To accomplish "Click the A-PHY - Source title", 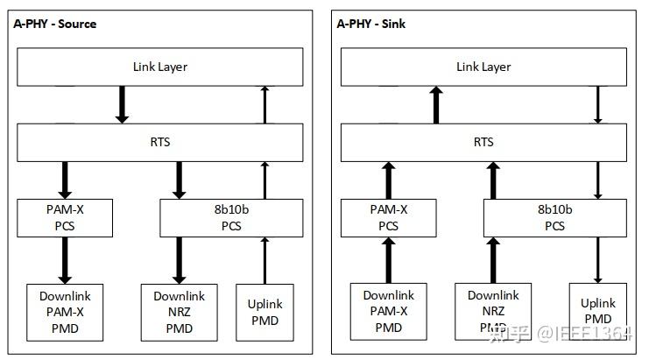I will point(54,24).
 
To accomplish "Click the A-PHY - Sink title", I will point(370,24).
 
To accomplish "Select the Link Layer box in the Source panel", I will point(159,67).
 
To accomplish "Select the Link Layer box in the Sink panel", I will point(483,67).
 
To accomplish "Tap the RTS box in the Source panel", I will point(159,142).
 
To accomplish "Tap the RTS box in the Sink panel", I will point(483,142).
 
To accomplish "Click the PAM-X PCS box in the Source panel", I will point(65,218).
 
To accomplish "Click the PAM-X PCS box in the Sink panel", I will point(388,218).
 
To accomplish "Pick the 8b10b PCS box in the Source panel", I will point(231,218).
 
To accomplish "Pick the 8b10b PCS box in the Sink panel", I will point(554,218).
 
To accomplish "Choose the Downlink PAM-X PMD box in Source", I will point(65,311).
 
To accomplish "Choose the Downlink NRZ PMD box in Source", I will point(180,311).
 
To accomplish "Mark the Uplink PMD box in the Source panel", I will point(265,311).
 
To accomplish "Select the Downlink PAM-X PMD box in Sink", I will point(388,311).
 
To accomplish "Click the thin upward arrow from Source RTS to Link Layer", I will point(265,105).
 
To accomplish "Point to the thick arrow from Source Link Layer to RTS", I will point(123,105).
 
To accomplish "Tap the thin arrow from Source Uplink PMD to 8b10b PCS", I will point(265,260).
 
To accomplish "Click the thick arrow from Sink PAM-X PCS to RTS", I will point(388,180).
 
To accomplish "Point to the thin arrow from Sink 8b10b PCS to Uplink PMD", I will point(598,260).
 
